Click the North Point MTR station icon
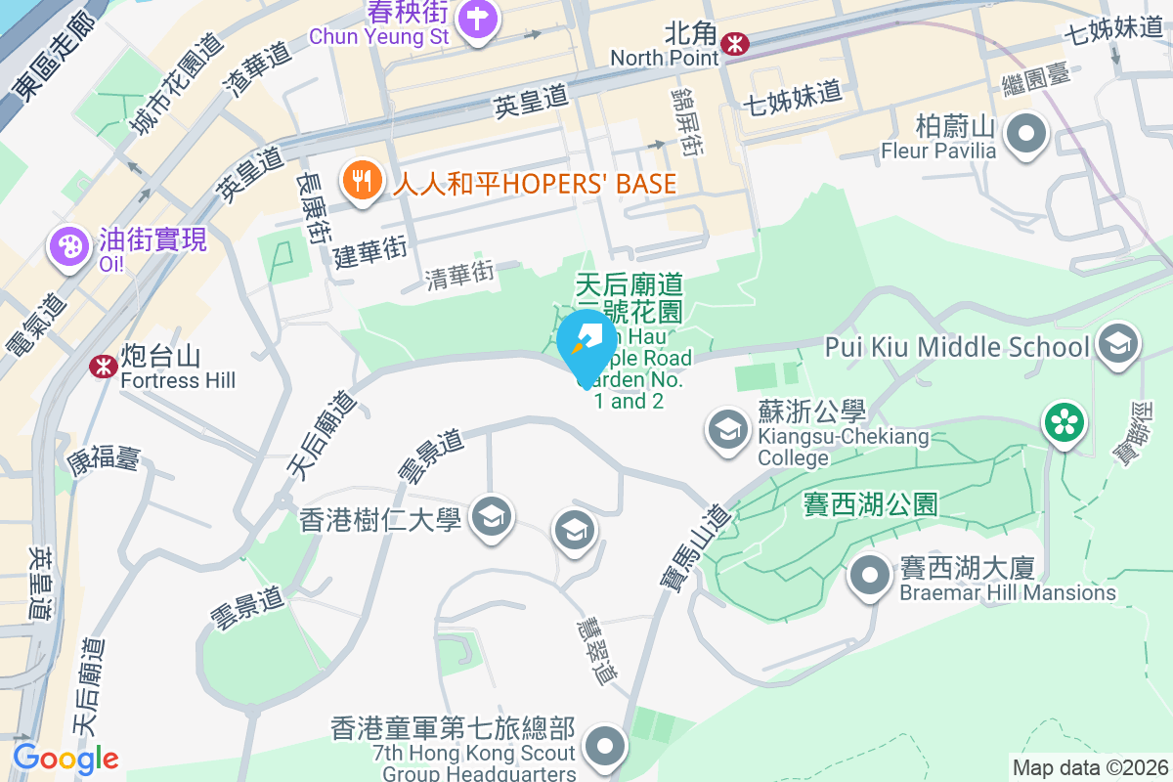tap(734, 42)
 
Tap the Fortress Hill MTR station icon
tap(101, 366)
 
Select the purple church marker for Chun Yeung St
tap(476, 21)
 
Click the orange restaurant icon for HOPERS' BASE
tap(362, 181)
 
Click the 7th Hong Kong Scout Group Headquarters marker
tap(606, 749)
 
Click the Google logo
tap(65, 759)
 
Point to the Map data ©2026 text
tap(1089, 767)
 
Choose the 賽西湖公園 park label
tap(870, 504)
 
